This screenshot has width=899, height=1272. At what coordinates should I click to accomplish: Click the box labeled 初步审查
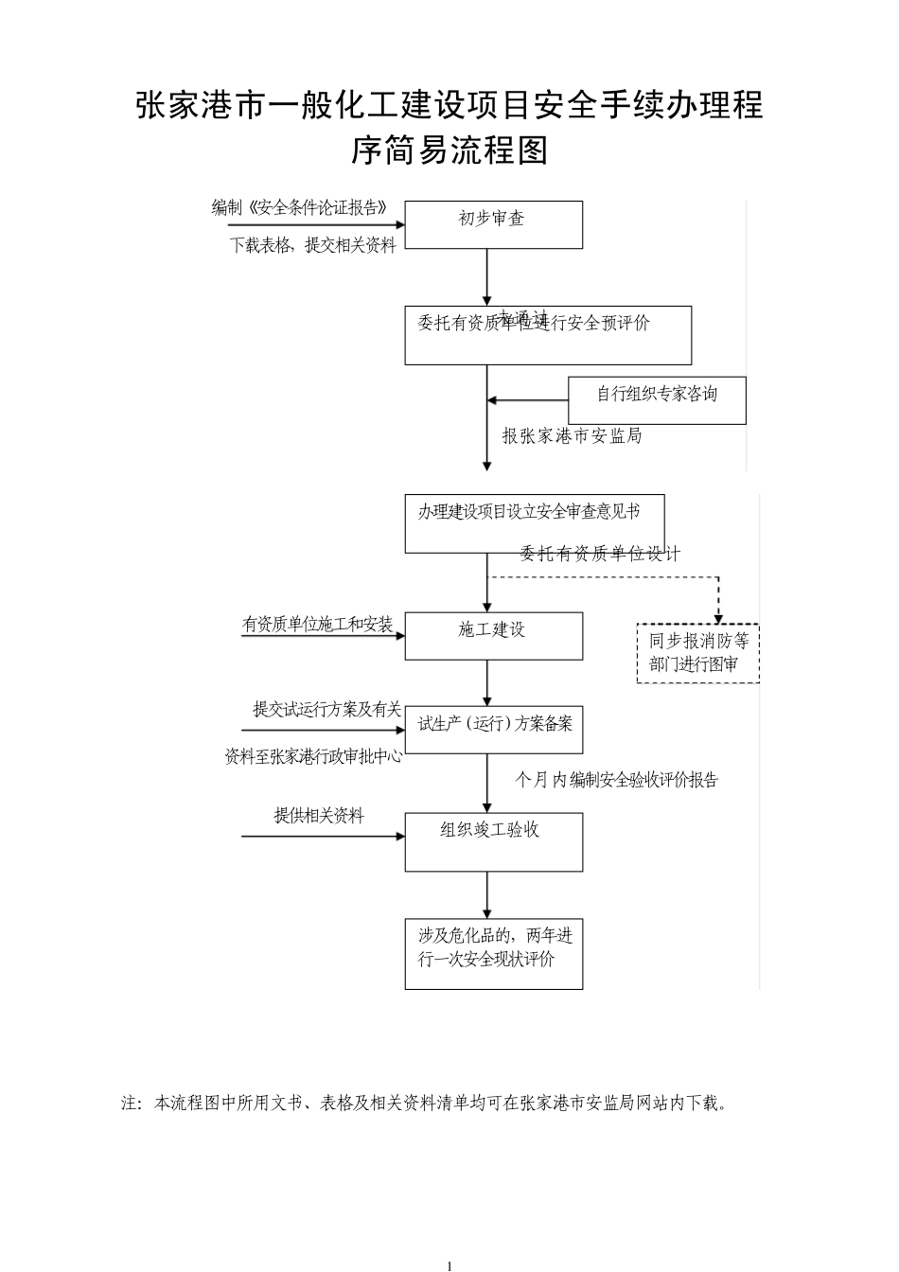tap(493, 224)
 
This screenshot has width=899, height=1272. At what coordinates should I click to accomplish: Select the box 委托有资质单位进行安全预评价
tap(548, 335)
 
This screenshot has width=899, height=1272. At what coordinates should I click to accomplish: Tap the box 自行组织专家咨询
tap(657, 399)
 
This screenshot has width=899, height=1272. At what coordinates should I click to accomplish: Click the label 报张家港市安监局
tap(572, 436)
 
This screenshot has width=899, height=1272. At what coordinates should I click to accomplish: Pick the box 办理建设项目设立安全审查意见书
tap(534, 523)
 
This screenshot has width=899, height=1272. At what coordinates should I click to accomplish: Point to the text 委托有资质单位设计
tap(599, 555)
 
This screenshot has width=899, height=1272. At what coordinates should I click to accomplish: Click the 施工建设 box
tap(493, 635)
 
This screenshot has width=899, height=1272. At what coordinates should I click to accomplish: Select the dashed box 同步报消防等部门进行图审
tap(698, 653)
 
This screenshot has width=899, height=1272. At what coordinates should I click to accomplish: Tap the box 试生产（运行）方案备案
tap(493, 729)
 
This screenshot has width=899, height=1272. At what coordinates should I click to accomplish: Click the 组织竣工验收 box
tap(493, 841)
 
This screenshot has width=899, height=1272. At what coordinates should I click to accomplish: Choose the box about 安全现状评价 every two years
tap(493, 953)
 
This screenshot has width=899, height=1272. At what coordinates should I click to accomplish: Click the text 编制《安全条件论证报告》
tap(299, 208)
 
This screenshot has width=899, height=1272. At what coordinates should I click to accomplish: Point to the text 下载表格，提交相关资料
tap(313, 246)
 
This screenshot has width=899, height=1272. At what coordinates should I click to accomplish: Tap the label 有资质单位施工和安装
tap(317, 625)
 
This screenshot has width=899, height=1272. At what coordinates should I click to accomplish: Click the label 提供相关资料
tap(319, 816)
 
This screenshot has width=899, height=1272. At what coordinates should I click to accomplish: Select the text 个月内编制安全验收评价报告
tap(616, 780)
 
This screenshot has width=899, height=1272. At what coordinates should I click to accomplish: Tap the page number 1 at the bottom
tap(449, 1265)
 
